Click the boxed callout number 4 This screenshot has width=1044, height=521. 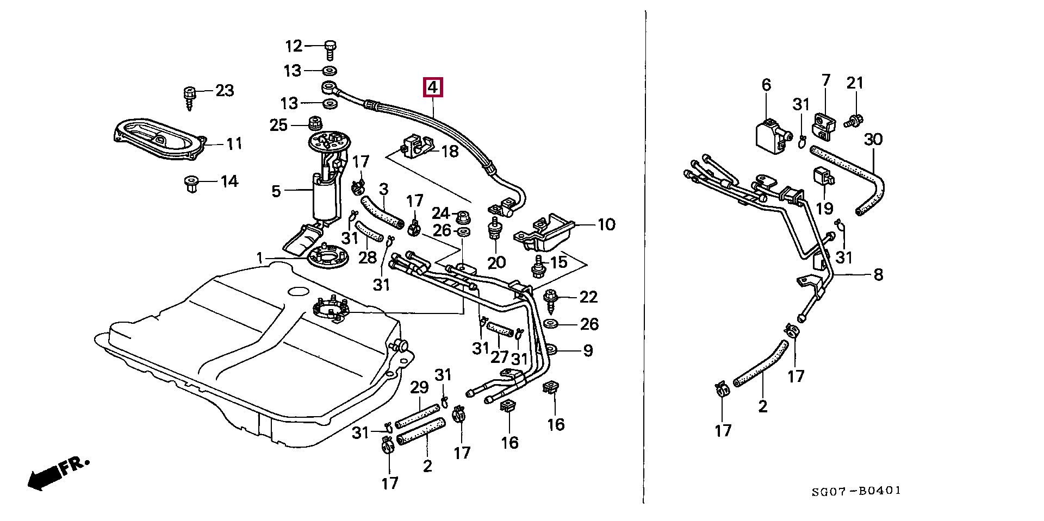tap(433, 87)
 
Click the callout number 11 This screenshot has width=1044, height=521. tap(234, 144)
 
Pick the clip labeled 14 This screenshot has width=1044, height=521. tap(191, 184)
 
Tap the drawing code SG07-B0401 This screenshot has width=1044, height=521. tap(856, 492)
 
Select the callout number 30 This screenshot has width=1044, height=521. tap(873, 140)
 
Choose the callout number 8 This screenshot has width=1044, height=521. tap(878, 275)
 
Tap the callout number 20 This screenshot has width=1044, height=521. tap(496, 263)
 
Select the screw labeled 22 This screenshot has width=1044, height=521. tap(552, 302)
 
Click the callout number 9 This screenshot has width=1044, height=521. tap(588, 351)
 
